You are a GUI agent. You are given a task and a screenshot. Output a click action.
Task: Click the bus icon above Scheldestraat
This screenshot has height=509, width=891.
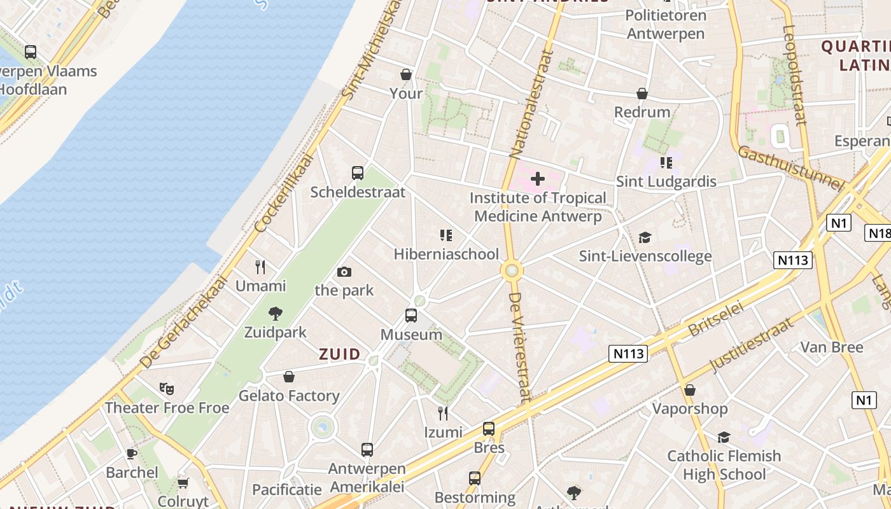point(358,172)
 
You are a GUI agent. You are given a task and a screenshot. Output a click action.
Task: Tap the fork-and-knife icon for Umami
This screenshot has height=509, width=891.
point(260,267)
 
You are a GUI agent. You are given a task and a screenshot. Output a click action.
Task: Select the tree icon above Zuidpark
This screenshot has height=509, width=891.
point(276,313)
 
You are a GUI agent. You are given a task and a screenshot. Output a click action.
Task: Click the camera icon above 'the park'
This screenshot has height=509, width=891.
point(344,272)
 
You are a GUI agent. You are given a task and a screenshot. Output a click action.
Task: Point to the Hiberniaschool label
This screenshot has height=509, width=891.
point(446,254)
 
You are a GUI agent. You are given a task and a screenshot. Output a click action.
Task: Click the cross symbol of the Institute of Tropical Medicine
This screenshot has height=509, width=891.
point(538,179)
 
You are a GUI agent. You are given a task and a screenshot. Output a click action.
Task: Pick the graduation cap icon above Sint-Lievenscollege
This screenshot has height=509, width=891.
point(645,237)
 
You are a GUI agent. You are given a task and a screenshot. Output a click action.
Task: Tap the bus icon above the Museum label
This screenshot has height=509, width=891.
point(411,315)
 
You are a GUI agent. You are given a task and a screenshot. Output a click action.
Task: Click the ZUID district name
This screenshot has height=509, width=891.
point(339,354)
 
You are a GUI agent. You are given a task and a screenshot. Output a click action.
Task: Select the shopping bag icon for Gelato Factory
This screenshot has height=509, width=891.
point(289,377)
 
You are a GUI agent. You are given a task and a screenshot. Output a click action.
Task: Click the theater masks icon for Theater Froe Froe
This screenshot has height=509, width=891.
point(167,388)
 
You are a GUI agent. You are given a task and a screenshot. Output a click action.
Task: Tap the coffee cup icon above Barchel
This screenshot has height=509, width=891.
point(132,454)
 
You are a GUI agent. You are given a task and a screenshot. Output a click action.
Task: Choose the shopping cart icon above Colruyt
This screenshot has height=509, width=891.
point(183,483)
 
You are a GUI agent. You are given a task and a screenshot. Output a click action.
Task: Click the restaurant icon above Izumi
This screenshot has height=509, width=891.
point(443,414)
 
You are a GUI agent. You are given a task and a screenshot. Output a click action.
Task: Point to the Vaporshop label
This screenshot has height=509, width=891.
point(689,408)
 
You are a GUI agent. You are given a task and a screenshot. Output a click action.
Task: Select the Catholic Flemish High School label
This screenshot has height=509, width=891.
point(724,465)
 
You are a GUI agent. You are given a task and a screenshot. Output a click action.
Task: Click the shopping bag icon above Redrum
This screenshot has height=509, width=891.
point(642,94)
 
